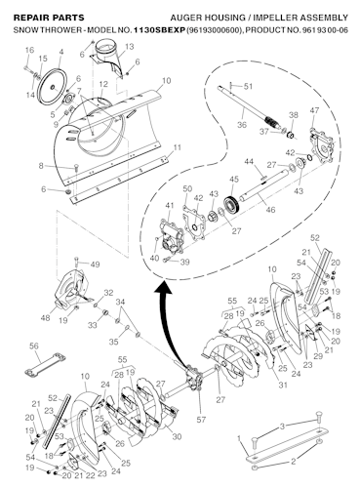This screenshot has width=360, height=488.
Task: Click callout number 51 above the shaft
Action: tap(249, 87)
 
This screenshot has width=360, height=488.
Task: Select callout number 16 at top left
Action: tap(28, 50)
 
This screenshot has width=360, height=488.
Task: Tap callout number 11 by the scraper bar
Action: tap(177, 147)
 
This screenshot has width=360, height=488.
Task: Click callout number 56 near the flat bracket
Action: tap(32, 346)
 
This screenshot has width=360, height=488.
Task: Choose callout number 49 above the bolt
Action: tap(95, 264)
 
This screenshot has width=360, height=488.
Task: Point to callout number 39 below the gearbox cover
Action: tap(186, 263)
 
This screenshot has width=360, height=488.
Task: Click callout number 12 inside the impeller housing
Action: tap(102, 85)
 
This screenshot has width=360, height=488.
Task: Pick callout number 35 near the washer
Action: tap(114, 343)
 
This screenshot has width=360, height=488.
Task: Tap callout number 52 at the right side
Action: tap(313, 237)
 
